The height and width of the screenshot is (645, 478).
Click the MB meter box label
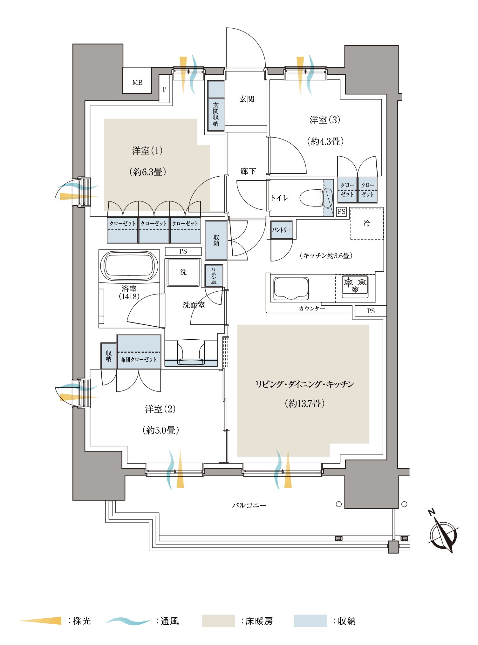tap(137, 83)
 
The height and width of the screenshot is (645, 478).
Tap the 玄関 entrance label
tap(247, 99)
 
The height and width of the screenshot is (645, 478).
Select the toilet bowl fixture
tap(316, 198)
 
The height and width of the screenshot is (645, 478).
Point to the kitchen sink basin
tap(291, 289)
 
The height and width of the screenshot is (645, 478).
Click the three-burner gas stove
tap(355, 287)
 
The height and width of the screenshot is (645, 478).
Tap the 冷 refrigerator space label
tap(367, 223)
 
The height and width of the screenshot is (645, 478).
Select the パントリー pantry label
tap(282, 230)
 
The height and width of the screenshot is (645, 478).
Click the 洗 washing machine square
tap(183, 272)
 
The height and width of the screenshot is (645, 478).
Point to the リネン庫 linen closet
tap(214, 275)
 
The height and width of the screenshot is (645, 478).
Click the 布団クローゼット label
tap(139, 359)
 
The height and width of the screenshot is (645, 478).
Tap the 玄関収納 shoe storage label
tap(216, 114)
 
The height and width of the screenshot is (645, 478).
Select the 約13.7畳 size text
tap(304, 404)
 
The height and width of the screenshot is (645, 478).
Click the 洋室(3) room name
tap(325, 120)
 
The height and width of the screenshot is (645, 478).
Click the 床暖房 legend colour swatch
tap(218, 621)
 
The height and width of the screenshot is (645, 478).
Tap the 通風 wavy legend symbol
tap(128, 621)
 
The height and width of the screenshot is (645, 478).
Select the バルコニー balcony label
tap(249, 505)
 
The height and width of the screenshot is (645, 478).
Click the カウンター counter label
tap(312, 309)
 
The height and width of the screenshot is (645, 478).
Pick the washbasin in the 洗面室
tap(191, 353)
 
